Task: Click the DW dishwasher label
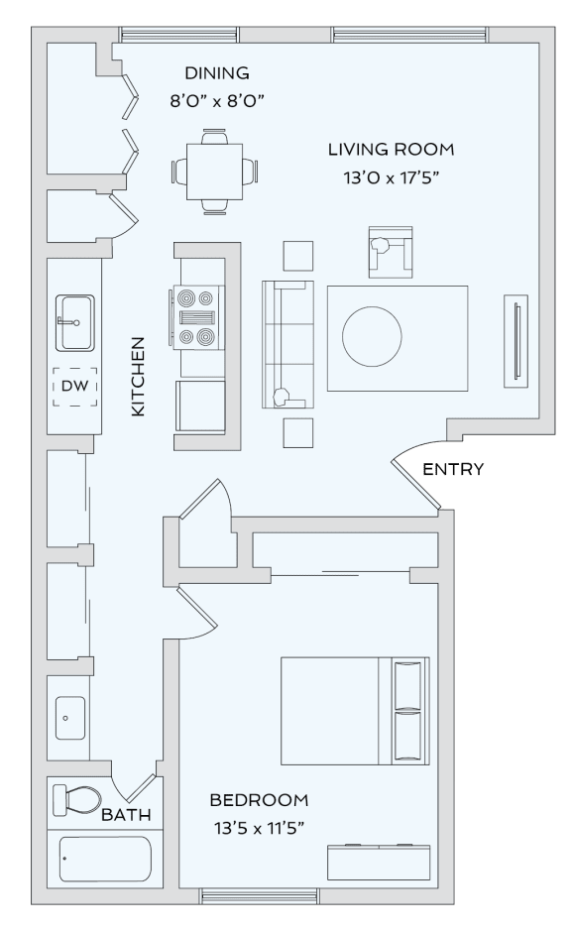74,386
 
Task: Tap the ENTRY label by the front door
453,470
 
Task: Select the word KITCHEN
139,377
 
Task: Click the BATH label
126,816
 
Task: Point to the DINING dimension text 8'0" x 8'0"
217,100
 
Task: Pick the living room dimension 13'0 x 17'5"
392,176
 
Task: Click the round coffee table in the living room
373,335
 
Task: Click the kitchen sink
74,322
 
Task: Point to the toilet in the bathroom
77,798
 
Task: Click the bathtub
105,859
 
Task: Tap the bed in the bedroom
354,711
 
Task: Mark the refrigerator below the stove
199,406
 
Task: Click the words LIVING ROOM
392,150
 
